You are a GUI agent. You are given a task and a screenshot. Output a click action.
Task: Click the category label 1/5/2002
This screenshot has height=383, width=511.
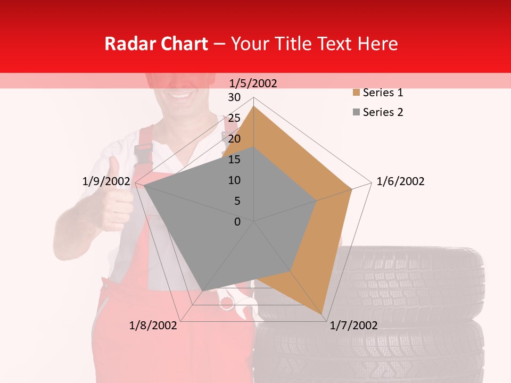tap(253, 83)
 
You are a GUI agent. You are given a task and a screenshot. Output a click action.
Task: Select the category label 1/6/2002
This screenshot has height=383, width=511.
tap(400, 181)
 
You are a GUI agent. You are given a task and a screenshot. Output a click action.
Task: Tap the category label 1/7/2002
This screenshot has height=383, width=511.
tap(353, 326)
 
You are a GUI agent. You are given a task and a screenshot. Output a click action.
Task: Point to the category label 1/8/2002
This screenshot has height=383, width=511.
tap(153, 326)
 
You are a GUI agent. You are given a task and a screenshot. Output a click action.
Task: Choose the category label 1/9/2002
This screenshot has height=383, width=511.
tap(106, 181)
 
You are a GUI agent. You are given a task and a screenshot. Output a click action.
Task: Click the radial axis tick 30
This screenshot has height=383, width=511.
tap(234, 97)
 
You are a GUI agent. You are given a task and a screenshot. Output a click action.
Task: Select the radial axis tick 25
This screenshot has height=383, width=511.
tap(234, 118)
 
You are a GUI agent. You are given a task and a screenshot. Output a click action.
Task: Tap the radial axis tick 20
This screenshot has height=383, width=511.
tap(234, 139)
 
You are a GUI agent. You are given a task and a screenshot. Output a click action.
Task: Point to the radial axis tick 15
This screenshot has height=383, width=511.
tap(234, 160)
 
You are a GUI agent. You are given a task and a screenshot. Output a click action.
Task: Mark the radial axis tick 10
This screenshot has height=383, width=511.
tap(234, 180)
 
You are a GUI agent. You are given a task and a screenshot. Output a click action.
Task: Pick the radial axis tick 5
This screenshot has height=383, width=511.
tap(237, 201)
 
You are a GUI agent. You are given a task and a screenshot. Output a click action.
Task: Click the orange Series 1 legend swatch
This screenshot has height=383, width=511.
tap(356, 93)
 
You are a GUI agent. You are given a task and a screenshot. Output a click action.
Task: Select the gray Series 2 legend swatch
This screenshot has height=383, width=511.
tap(356, 112)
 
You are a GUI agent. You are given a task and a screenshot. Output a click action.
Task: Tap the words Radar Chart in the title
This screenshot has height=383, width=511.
tap(156, 44)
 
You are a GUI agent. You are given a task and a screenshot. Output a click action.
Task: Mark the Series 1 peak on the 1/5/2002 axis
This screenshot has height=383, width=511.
tap(253, 106)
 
